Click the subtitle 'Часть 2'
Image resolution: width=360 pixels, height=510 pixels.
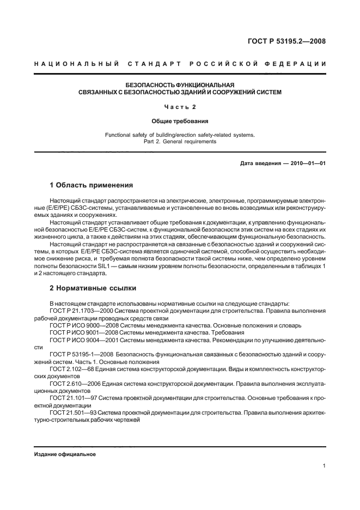point(180,107)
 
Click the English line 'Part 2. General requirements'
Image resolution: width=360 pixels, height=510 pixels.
point(180,142)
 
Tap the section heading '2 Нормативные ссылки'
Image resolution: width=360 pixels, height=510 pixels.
point(93,288)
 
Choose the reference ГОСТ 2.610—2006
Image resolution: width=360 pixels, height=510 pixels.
point(75,383)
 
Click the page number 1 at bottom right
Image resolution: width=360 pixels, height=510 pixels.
point(324,466)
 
